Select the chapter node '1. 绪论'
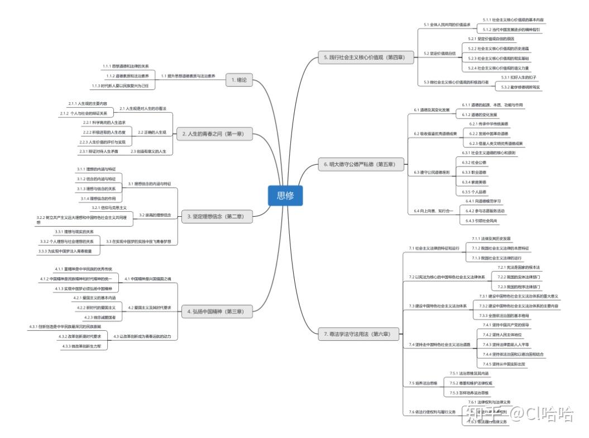(x=239, y=80)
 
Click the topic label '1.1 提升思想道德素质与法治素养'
(x=188, y=75)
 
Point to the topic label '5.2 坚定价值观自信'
(x=439, y=53)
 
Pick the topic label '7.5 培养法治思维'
(x=423, y=383)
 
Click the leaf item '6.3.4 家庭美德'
(x=475, y=182)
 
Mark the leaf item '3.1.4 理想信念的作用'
(x=98, y=198)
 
